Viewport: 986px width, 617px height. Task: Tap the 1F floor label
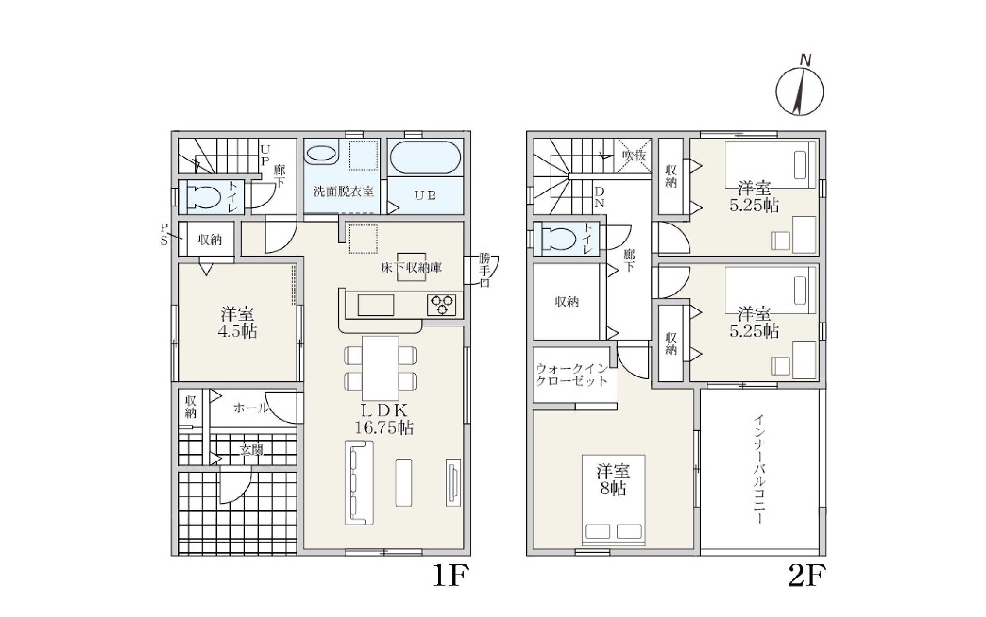point(450,575)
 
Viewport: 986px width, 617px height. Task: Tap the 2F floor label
point(807,575)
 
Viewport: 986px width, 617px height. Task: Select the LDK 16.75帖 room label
point(383,419)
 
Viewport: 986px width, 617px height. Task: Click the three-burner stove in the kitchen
point(442,305)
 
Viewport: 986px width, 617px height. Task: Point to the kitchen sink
point(376,305)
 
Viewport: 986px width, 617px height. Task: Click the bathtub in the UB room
point(426,158)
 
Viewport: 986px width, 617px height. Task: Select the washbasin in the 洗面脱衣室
point(321,153)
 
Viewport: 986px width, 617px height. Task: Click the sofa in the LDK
point(359,483)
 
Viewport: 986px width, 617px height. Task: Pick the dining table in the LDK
point(380,368)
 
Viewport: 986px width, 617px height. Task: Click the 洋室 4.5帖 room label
point(237,323)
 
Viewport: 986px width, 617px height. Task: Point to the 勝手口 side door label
point(484,270)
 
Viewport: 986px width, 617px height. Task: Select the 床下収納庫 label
point(411,267)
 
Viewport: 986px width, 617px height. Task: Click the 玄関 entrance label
point(251,449)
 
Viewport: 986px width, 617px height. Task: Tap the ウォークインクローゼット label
point(572,375)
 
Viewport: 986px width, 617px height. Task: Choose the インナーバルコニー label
point(759,469)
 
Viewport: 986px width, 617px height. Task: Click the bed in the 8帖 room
point(614,500)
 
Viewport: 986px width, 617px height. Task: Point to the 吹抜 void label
point(634,155)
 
